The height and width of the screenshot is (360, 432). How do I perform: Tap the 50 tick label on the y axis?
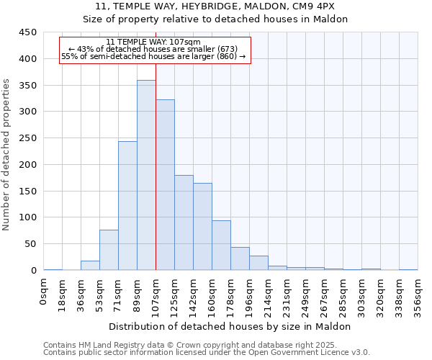click(30, 244)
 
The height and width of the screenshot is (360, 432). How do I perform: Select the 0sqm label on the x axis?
click(44, 292)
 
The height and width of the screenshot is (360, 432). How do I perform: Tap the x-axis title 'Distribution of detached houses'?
click(230, 326)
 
